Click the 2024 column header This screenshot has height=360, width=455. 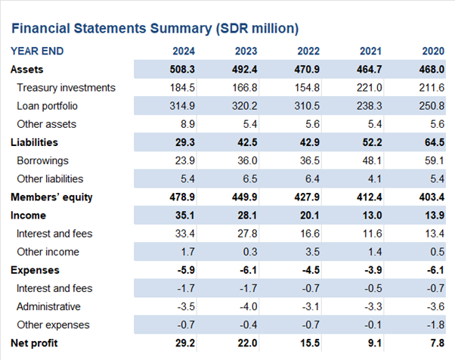point(184,51)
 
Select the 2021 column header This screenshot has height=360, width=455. point(371,51)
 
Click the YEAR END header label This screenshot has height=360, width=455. point(37,51)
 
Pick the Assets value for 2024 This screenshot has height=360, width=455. point(182,70)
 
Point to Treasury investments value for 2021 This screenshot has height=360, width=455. point(370,88)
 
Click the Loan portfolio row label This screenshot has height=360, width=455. point(48,106)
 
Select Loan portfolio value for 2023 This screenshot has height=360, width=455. point(245,106)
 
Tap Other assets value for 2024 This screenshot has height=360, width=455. point(187,124)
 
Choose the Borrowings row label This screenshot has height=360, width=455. point(43,160)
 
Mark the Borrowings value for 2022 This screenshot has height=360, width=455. point(310,160)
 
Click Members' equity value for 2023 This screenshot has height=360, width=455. point(245,197)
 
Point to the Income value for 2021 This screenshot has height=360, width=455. point(373,216)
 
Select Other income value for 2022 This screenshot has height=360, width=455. point(312,252)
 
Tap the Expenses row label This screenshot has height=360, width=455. point(35,270)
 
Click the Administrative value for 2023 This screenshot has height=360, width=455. point(249,306)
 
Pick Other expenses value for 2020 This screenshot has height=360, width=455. point(436,325)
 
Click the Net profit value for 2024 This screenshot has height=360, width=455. point(185,343)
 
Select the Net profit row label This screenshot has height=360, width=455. point(34,343)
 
